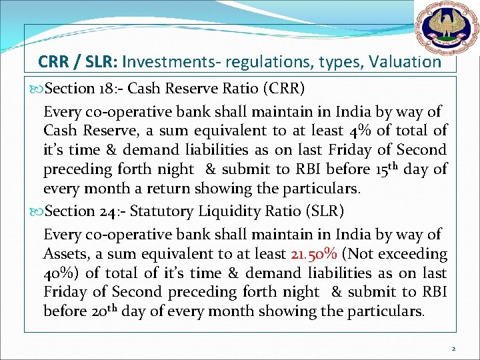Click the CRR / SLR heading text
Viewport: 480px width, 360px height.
[x=79, y=63]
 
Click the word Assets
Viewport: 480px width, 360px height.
[x=64, y=254]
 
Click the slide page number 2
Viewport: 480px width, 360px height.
[x=453, y=348]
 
